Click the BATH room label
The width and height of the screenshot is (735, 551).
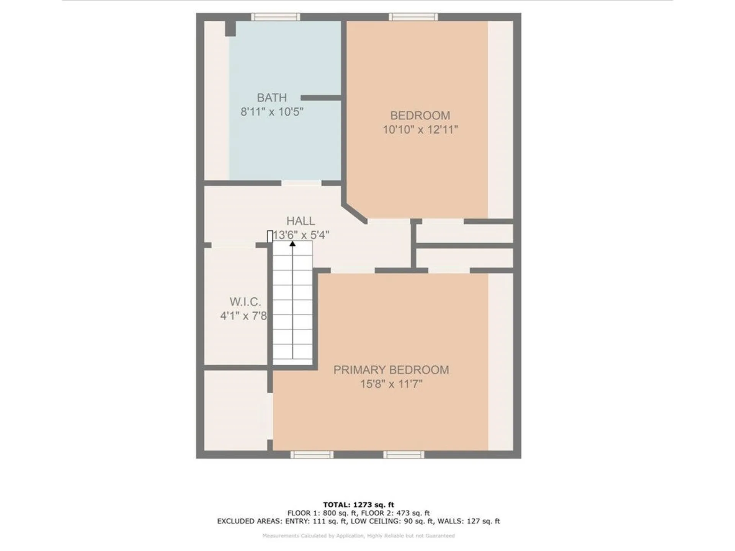click(271, 98)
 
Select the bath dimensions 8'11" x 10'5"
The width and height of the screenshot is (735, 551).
click(272, 112)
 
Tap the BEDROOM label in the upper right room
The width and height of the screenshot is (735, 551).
click(420, 116)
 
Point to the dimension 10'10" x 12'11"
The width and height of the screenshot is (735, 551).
click(420, 130)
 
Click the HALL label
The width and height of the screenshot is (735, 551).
click(301, 221)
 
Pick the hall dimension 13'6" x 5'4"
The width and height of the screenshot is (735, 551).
click(301, 235)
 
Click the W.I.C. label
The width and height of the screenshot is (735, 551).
click(245, 302)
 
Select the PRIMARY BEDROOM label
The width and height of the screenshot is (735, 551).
click(391, 370)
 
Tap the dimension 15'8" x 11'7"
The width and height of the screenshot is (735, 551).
click(391, 384)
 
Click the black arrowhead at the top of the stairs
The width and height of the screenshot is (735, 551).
click(292, 244)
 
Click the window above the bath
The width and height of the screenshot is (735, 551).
click(275, 17)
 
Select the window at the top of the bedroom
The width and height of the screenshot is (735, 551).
click(413, 17)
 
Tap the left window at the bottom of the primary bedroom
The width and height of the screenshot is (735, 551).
click(312, 455)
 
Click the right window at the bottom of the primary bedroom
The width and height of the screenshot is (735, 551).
click(404, 455)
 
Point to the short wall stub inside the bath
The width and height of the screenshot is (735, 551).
click(320, 98)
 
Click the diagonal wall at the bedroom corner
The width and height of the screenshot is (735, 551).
click(355, 213)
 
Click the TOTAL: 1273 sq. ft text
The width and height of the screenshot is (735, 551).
click(358, 505)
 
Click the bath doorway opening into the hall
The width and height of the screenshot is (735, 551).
click(301, 183)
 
